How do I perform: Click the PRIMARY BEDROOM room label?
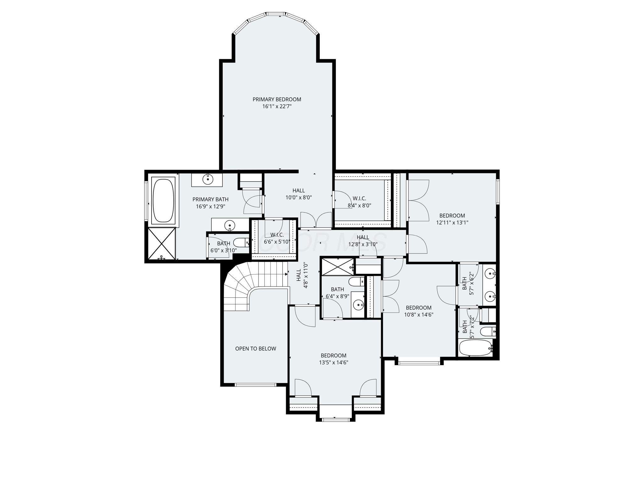277,99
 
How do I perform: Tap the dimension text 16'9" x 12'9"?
210,207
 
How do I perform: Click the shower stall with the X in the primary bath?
162,244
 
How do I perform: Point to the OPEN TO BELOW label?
255,348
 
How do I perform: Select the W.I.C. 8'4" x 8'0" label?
359,202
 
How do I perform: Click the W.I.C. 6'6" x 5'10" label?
277,238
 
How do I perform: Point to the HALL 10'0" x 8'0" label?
298,194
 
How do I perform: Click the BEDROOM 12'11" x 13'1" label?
452,219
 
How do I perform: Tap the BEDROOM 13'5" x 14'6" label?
333,359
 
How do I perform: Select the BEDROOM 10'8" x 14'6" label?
418,311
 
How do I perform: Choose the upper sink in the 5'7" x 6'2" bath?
490,274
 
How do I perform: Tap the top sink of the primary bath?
208,179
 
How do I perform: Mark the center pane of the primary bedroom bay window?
276,14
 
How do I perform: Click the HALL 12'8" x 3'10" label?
363,241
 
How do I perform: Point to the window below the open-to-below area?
255,385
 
